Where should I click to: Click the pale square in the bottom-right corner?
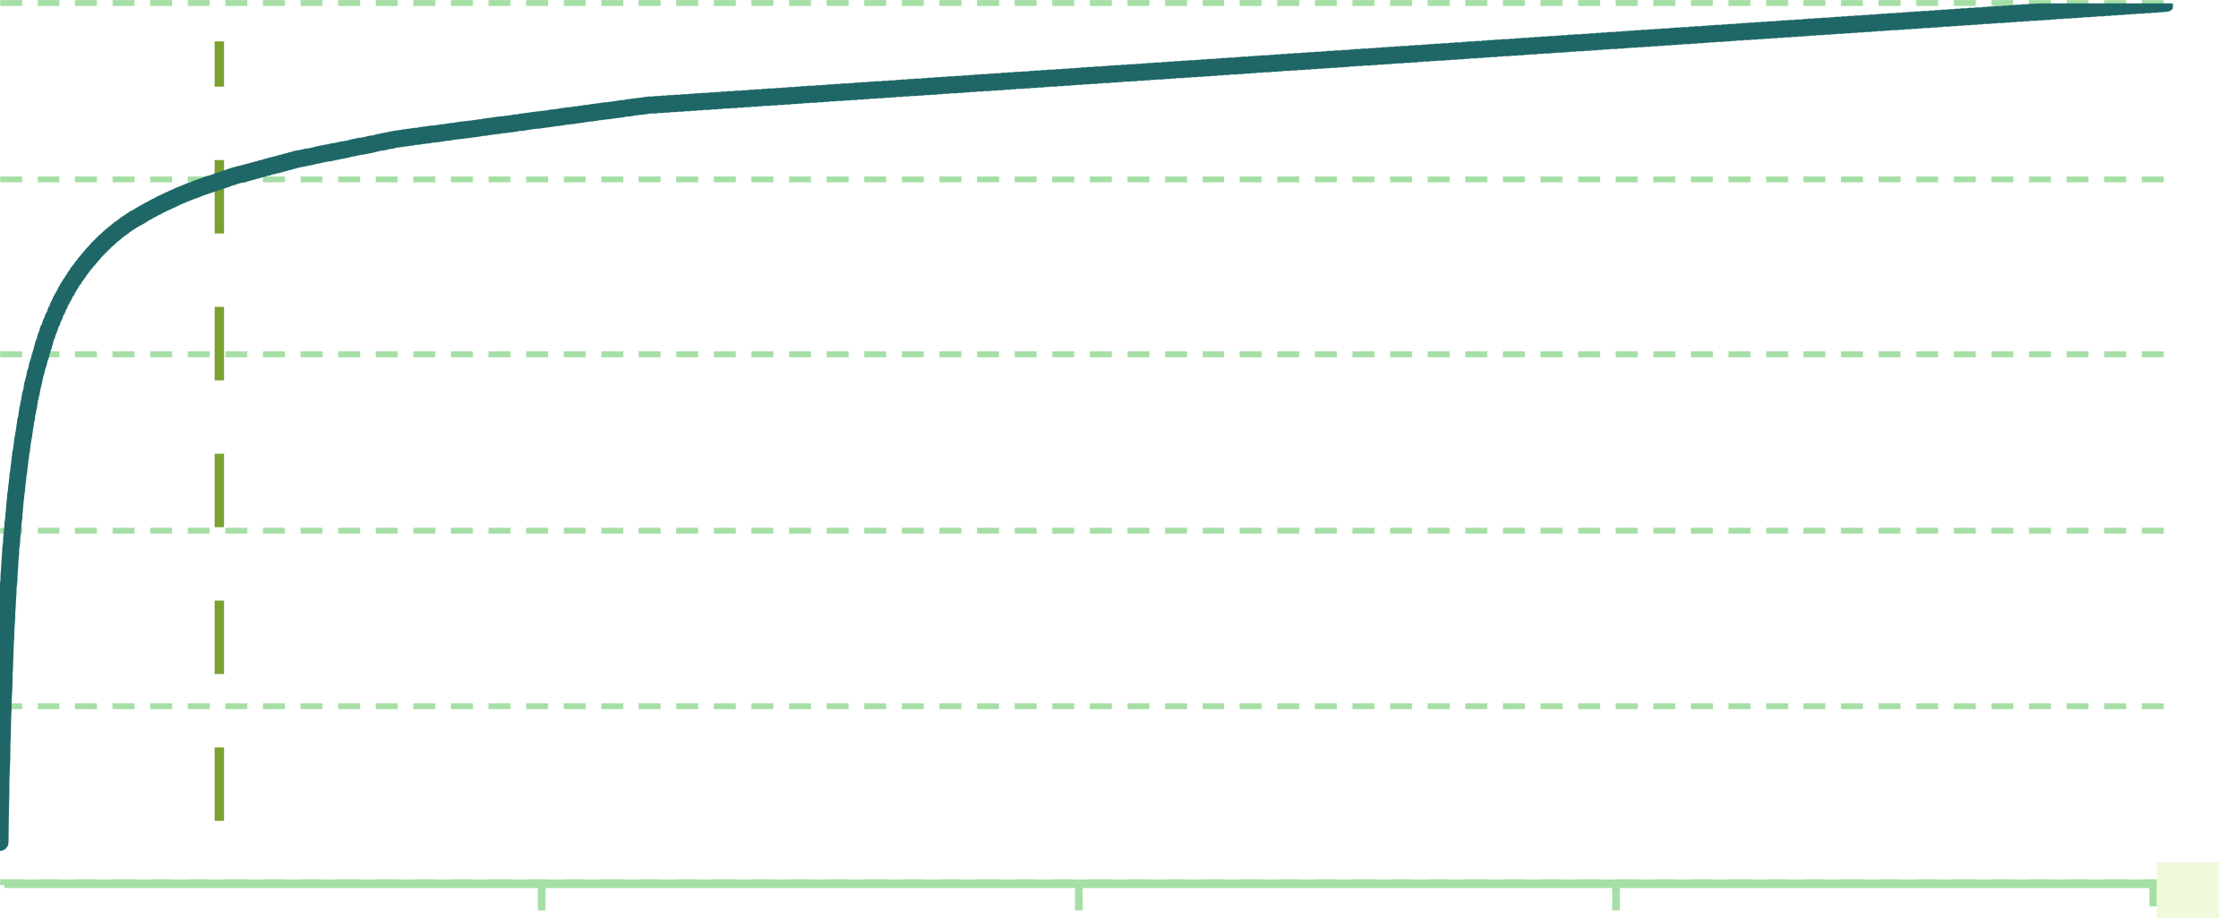[x=2188, y=890]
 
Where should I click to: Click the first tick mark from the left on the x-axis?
[x=541, y=897]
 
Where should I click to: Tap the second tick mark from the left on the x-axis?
[x=1078, y=897]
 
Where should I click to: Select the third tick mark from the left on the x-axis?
[x=1615, y=897]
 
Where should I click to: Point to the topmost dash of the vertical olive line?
[x=219, y=64]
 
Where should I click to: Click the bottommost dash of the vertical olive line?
[x=219, y=784]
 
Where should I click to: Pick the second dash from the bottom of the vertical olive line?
[x=219, y=637]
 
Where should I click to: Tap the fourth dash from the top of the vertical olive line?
[x=219, y=490]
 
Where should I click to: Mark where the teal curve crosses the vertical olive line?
[x=219, y=184]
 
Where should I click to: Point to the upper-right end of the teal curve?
[x=2169, y=7]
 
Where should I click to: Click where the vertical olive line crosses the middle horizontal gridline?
[x=219, y=354]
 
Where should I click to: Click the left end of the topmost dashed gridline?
[x=3, y=3]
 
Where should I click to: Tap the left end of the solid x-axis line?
[x=4, y=883]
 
